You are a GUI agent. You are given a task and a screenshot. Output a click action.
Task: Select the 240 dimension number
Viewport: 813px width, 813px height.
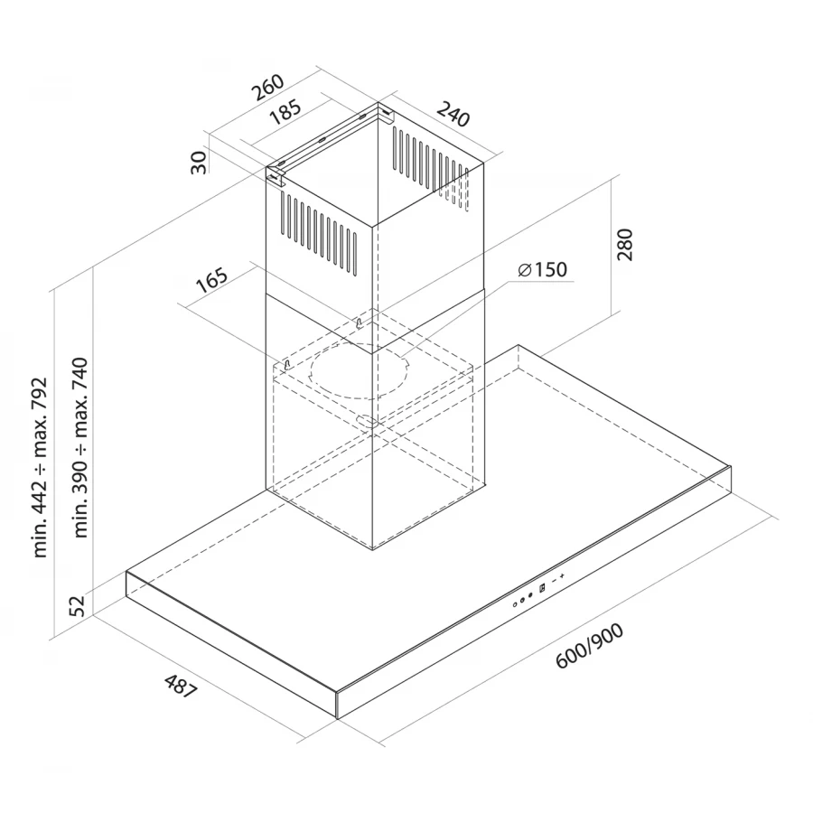pyautogui.click(x=454, y=115)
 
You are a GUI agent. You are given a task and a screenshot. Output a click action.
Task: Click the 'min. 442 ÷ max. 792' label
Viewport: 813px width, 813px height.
pyautogui.click(x=40, y=467)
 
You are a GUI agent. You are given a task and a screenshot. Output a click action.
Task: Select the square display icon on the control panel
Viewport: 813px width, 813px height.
pyautogui.click(x=541, y=588)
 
